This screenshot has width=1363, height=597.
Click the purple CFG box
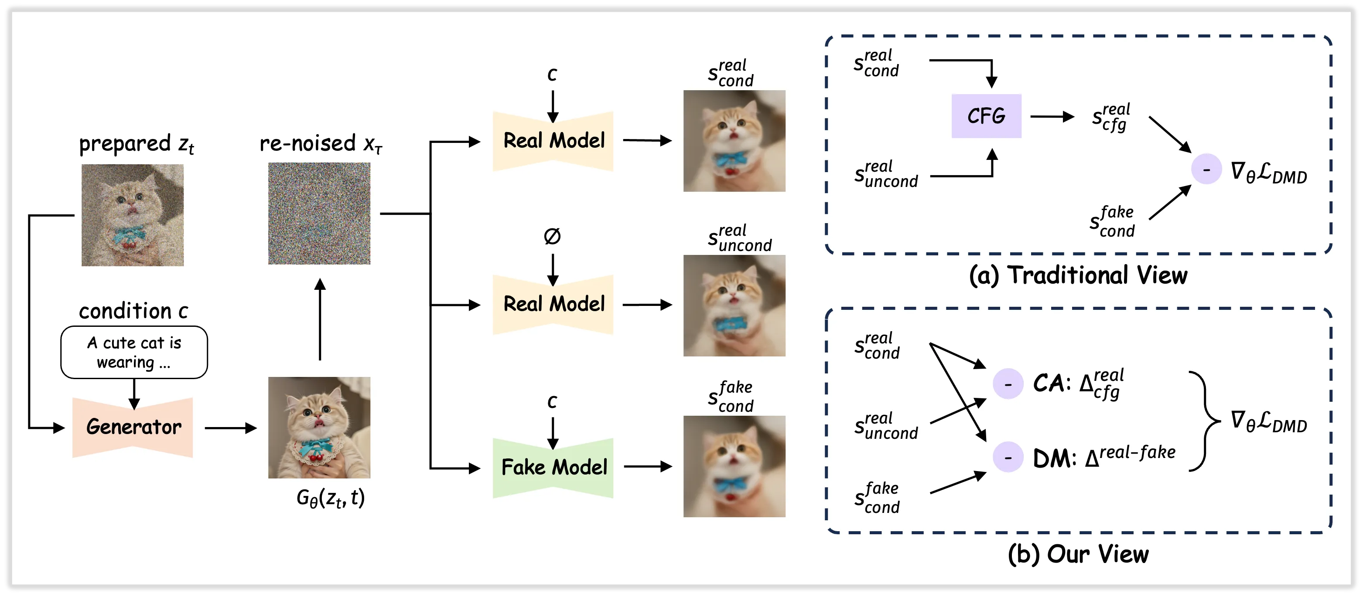(x=986, y=116)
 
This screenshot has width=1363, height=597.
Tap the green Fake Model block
(x=553, y=468)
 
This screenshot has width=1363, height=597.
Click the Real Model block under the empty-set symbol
(x=553, y=304)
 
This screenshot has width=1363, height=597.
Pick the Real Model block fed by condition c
(x=553, y=141)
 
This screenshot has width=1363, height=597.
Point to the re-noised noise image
(x=319, y=214)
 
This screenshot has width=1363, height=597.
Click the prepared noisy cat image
(x=132, y=215)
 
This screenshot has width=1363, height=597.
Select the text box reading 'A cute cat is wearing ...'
(x=134, y=352)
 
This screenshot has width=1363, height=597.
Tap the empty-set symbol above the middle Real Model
(x=552, y=236)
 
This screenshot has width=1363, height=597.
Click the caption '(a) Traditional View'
(x=1078, y=275)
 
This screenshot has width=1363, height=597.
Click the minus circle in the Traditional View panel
(x=1206, y=169)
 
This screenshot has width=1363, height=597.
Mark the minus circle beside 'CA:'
(x=1008, y=383)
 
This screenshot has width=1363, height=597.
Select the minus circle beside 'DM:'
(x=1008, y=457)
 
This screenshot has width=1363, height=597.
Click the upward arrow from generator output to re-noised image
(x=320, y=320)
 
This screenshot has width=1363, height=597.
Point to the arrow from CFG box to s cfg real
(x=1052, y=116)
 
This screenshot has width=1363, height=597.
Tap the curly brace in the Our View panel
(x=1205, y=421)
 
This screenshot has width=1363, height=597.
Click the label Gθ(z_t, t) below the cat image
(x=330, y=498)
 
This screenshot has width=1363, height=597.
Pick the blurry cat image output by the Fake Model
(x=734, y=466)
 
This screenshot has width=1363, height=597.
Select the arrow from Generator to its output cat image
(x=231, y=428)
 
